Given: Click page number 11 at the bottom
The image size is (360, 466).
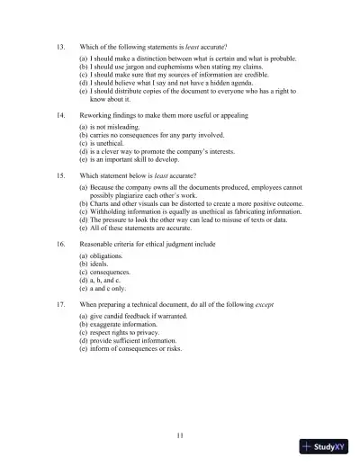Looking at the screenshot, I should click(180, 435).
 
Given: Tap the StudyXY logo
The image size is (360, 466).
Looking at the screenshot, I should click(325, 447).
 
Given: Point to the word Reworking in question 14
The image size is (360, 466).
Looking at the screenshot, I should click(98, 116).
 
